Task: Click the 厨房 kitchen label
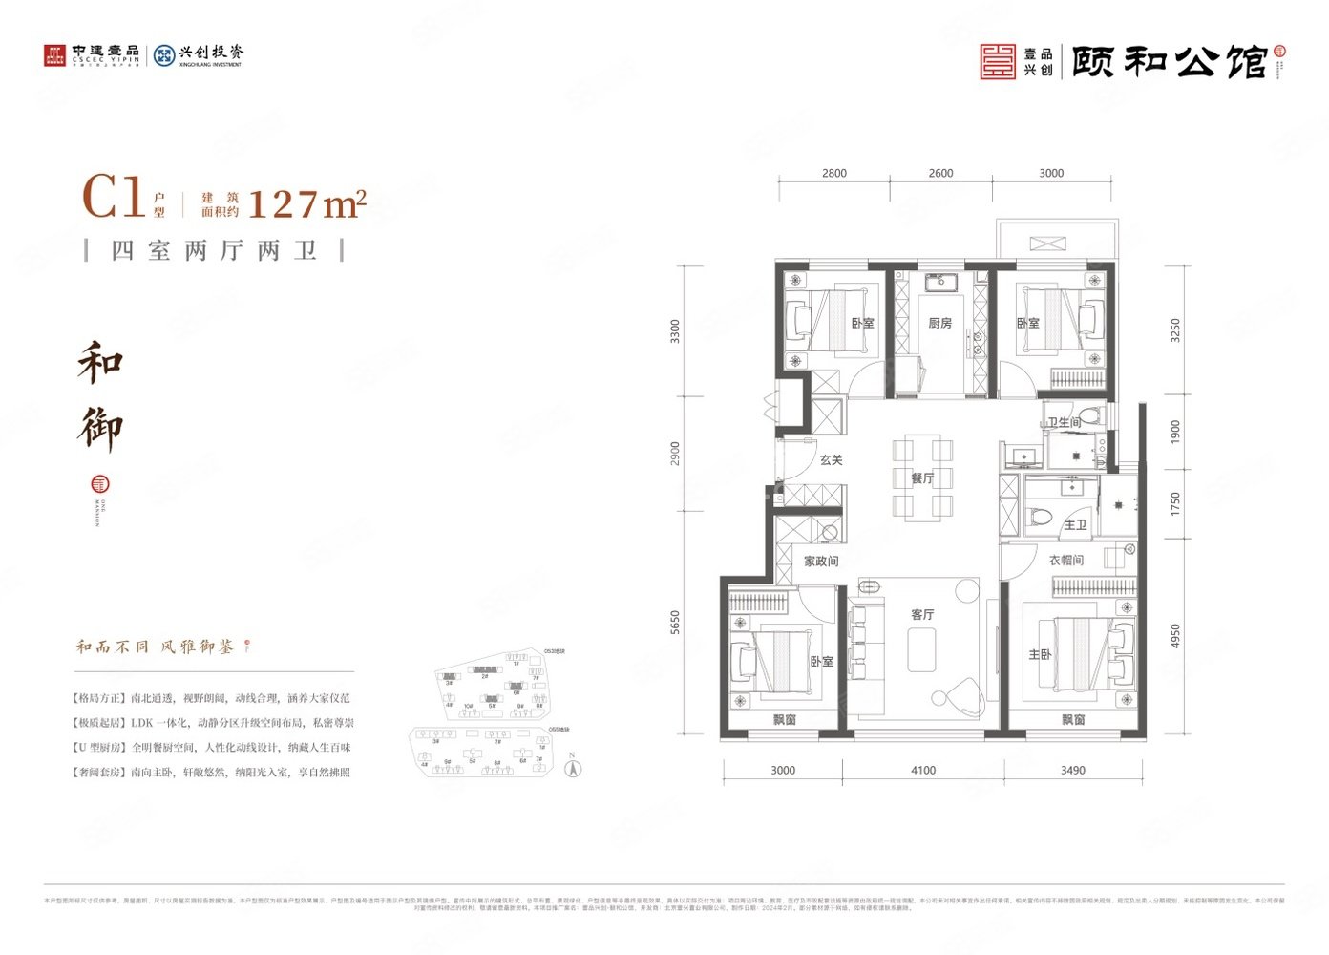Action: click(939, 323)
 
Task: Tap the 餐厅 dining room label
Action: click(921, 478)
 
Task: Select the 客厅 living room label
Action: click(921, 614)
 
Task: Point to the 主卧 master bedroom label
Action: click(1040, 655)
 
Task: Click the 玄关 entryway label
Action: click(831, 460)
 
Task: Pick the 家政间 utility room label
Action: click(820, 562)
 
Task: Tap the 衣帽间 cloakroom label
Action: click(1065, 561)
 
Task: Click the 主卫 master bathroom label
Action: click(1075, 525)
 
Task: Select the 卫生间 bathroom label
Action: click(1064, 423)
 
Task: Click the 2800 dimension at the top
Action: click(833, 173)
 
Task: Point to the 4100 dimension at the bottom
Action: click(923, 770)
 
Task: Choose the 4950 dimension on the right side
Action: click(1175, 636)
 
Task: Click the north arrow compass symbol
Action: click(572, 767)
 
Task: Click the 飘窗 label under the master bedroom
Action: click(1072, 720)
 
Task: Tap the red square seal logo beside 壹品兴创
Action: click(998, 61)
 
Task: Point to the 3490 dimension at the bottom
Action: click(1072, 770)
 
